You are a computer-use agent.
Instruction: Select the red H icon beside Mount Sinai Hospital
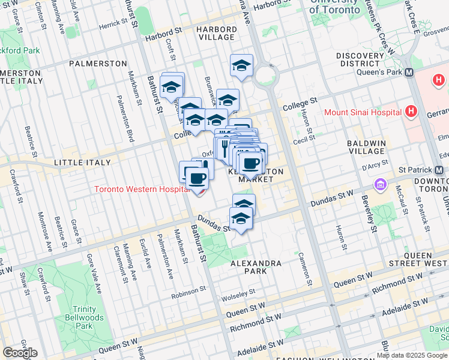pyautogui.click(x=411, y=111)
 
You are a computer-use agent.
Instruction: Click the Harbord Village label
pyautogui.click(x=217, y=32)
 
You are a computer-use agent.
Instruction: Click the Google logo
pyautogui.click(x=20, y=353)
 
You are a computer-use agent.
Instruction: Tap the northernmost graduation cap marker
pyautogui.click(x=241, y=65)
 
